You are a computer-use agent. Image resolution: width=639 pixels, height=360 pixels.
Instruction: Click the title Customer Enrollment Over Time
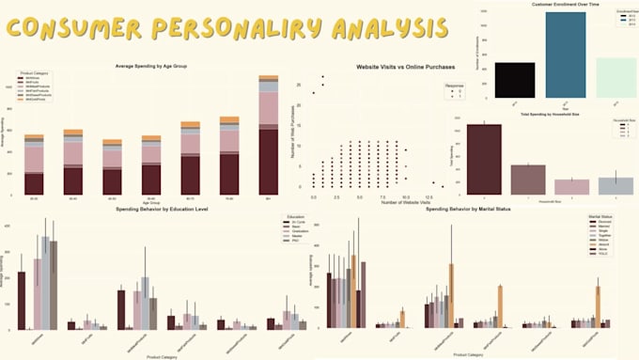pos(539,7)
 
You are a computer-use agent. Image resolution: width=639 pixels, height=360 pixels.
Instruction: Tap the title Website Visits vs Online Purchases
pos(406,68)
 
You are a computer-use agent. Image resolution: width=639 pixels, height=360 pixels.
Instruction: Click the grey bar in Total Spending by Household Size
pos(616,185)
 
